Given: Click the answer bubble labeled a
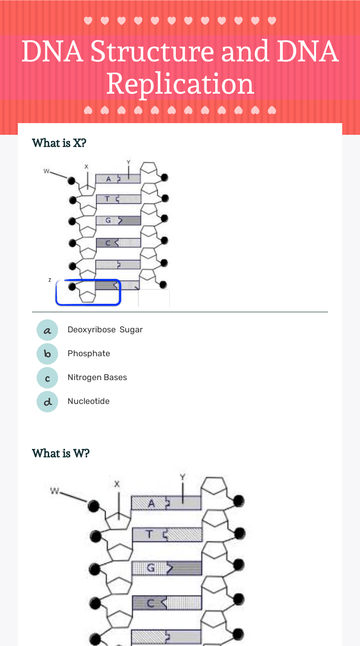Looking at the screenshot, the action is coord(47,330).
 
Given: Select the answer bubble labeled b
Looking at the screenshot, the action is coord(47,354).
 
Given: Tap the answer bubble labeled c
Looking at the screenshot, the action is coord(47,378).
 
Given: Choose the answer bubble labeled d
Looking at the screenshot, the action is coord(47,402).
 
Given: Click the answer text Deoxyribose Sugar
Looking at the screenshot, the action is coord(105,330).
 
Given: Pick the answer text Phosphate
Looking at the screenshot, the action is coord(89,353).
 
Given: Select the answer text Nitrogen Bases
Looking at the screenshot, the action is coord(97,377).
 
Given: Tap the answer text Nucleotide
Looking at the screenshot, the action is coord(89,401).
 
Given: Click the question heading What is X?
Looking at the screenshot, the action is coord(59,143).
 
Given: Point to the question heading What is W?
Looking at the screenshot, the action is coord(60,453).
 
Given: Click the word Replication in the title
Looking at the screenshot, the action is coord(180,84).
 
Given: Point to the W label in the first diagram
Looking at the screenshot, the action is coord(46,171).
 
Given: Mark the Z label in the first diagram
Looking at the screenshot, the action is coord(49,280).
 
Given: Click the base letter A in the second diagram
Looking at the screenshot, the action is coord(151,504).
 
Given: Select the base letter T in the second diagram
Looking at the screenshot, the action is coord(149,535).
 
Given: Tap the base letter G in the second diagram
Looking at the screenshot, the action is coord(150,568).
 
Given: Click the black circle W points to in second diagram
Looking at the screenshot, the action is coord(94,506).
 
